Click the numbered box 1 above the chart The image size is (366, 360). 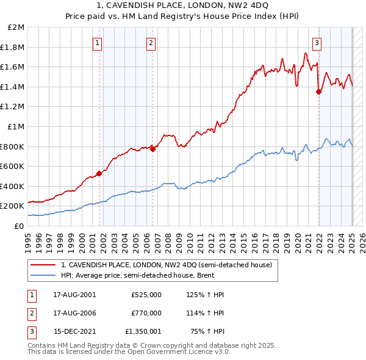tap(98, 43)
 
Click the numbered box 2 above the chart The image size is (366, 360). tap(151, 43)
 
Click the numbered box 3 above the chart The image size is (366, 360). tap(317, 43)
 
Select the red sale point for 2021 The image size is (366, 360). tap(318, 92)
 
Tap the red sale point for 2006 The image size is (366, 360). tap(152, 149)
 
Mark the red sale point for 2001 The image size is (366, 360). tap(99, 173)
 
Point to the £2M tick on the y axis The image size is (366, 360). tap(17, 27)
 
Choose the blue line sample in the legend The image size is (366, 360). tap(43, 275)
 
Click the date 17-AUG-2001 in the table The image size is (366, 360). tap(75, 295)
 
